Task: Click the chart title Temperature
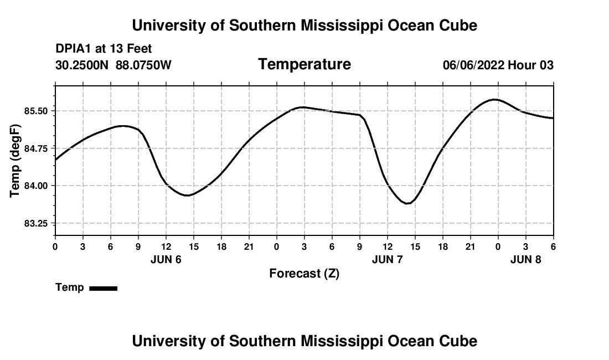pos(304,64)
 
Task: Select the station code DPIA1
pos(74,49)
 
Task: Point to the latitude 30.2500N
pos(83,65)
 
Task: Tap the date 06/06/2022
pos(473,65)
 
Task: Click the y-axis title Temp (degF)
pos(16,161)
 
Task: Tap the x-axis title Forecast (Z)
pos(304,274)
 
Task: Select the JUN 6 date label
pos(166,259)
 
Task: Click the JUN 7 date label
pos(388,259)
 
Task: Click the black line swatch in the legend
pos(103,288)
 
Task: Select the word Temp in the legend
pos(70,287)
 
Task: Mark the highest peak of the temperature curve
pos(494,100)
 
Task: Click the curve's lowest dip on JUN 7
pos(407,203)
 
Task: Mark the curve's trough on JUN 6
pos(188,195)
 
